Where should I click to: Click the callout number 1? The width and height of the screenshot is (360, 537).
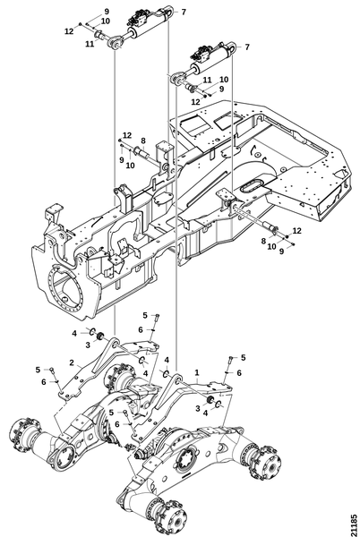click(x=197, y=372)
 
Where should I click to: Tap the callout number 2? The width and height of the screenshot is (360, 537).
click(x=72, y=362)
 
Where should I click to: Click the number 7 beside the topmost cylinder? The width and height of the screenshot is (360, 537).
click(x=184, y=12)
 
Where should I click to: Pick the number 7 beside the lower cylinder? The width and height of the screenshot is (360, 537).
click(x=247, y=47)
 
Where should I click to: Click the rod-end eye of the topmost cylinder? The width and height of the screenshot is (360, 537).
click(x=115, y=42)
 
